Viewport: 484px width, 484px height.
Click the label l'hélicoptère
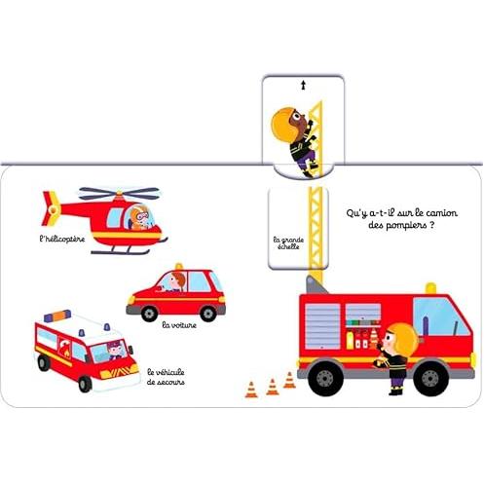tap(62, 240)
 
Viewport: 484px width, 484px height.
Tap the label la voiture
tap(179, 325)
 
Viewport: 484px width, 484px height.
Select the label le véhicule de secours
tap(166, 377)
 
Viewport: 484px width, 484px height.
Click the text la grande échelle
tap(288, 242)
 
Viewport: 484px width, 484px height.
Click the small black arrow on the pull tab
tap(304, 86)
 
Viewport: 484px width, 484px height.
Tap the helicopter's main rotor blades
tap(120, 193)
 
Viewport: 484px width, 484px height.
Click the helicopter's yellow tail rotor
tap(52, 208)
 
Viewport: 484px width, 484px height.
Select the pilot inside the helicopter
tap(140, 217)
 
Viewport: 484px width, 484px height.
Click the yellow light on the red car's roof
tap(179, 267)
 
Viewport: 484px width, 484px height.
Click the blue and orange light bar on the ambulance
tap(57, 316)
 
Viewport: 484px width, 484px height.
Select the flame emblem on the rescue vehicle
tap(65, 349)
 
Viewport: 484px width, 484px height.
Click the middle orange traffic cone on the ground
tap(273, 387)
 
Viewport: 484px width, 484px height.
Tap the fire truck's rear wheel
tap(325, 378)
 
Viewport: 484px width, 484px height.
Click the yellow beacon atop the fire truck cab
tap(430, 288)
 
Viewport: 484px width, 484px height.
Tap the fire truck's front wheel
tap(430, 378)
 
